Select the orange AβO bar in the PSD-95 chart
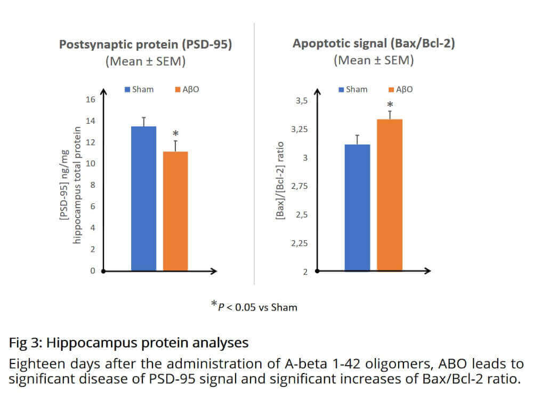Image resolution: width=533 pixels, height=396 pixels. [x=175, y=211]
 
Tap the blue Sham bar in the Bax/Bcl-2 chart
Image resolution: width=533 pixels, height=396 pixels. [x=357, y=208]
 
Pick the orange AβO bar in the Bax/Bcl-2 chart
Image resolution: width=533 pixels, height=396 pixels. [x=390, y=195]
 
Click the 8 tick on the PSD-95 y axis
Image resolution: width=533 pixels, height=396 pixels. [x=92, y=185]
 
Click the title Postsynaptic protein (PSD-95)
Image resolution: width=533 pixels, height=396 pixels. [x=145, y=44]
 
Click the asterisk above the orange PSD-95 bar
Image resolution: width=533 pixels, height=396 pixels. [x=175, y=134]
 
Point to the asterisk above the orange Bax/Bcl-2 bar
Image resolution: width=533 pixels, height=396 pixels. [x=390, y=105]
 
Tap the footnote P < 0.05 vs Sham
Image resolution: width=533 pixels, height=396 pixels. [x=254, y=306]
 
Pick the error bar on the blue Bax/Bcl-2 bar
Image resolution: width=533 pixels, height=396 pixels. [x=357, y=139]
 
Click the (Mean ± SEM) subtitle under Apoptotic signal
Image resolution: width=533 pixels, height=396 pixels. [x=373, y=60]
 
